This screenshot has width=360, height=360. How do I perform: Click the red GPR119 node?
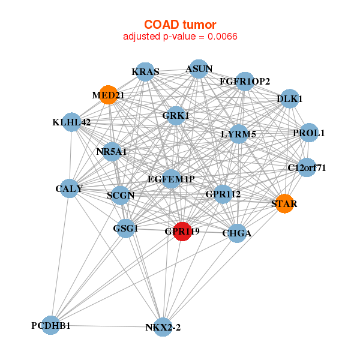click(182, 231)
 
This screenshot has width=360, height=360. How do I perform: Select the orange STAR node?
click(284, 204)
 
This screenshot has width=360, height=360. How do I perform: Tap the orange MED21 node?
click(108, 94)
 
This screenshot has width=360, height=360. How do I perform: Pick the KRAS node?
click(145, 72)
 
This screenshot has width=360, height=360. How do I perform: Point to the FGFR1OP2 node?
click(245, 81)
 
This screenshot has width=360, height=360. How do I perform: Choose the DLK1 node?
click(290, 99)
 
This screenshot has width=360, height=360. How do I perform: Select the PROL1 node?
click(308, 133)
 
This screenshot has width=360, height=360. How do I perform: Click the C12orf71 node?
click(307, 167)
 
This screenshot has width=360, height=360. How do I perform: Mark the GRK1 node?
click(175, 115)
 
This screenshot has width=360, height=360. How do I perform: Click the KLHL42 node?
click(71, 122)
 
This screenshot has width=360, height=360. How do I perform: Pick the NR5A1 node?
click(112, 152)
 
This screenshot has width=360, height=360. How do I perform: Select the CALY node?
click(69, 188)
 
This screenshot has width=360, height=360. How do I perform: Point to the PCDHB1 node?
click(52, 326)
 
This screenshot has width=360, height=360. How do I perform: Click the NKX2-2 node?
click(163, 327)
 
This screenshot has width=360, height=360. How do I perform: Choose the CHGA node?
click(237, 233)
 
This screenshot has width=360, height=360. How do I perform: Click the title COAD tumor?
click(180, 24)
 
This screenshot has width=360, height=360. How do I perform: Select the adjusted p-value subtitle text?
click(180, 37)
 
